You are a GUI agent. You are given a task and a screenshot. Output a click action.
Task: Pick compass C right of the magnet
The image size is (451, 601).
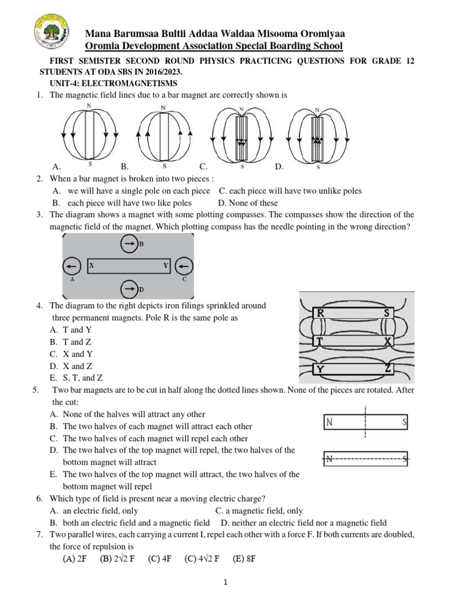[x=184, y=267]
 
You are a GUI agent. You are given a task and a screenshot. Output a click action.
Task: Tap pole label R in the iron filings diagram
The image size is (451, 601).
[x=321, y=313]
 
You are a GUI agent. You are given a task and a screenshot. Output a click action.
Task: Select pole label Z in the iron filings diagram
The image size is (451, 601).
[x=388, y=369]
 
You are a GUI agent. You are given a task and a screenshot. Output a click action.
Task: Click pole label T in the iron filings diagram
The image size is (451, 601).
[x=320, y=341]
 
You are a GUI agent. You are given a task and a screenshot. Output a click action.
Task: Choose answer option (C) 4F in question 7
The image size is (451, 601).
[x=159, y=559]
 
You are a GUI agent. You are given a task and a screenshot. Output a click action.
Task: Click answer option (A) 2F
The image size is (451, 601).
[x=75, y=559]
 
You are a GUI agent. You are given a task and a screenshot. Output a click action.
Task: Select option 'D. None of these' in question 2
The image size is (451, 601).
[x=247, y=203]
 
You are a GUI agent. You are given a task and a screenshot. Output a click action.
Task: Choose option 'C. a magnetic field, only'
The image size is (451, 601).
[x=259, y=511]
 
